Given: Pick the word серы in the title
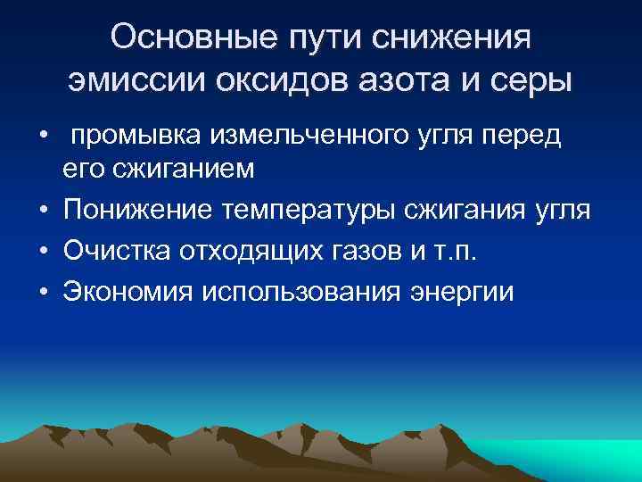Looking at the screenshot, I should point(534,82).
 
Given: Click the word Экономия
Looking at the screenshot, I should point(128,292).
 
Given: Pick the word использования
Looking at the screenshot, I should point(301,292).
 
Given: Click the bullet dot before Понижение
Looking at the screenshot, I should point(43,210).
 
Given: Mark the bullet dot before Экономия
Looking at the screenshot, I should point(43,293).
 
